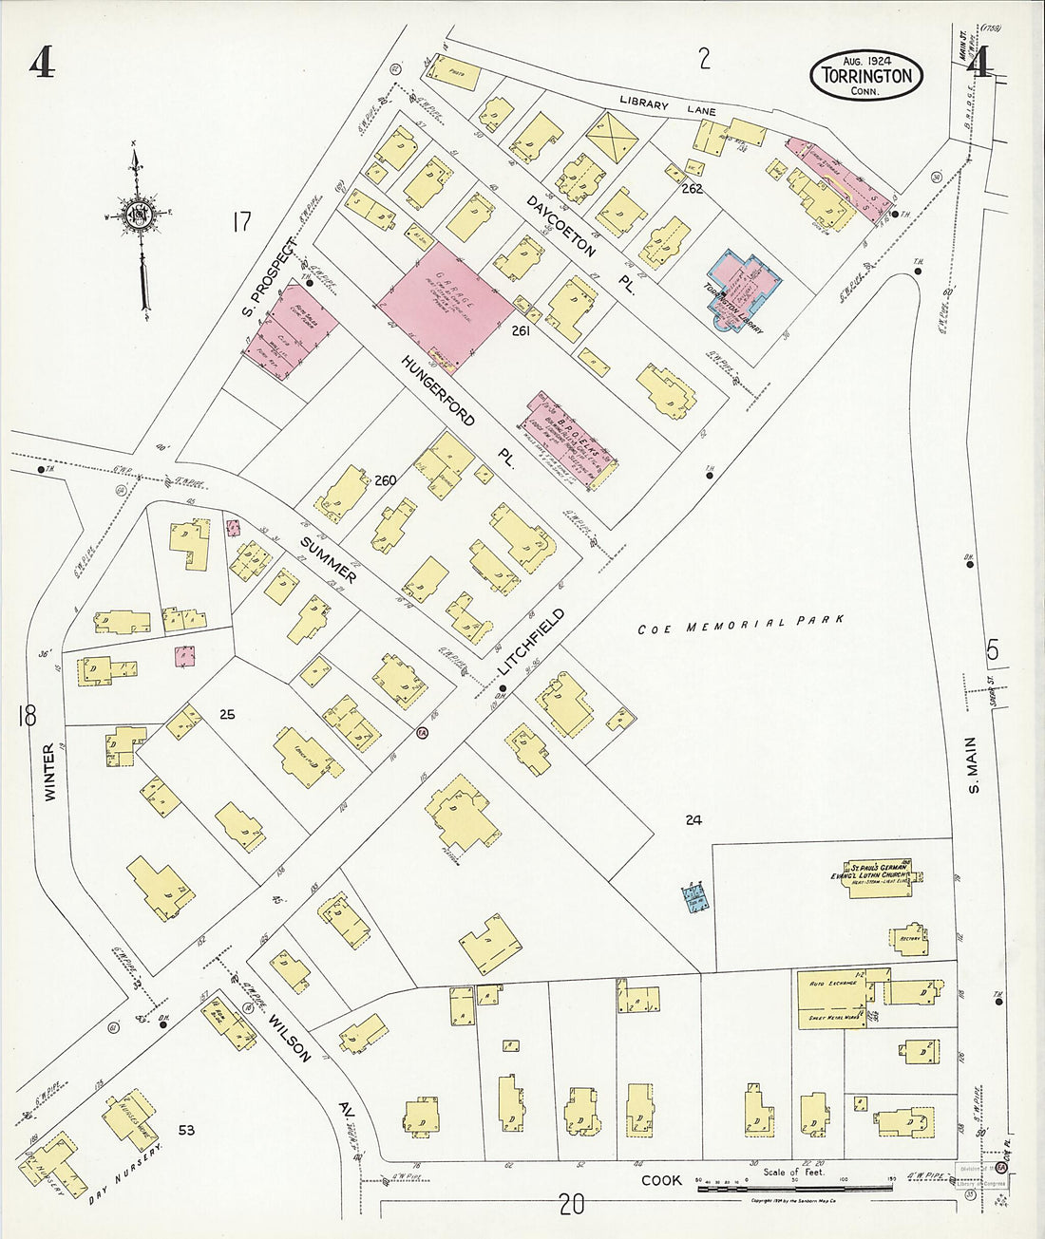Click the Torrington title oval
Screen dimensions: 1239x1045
click(x=866, y=76)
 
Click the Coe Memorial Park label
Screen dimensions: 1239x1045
click(x=740, y=625)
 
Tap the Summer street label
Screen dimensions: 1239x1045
click(x=328, y=560)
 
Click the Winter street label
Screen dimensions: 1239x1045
click(x=49, y=771)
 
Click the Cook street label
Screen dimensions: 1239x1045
click(x=661, y=1180)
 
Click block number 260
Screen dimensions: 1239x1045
click(x=385, y=480)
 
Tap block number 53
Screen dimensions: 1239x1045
click(x=185, y=1130)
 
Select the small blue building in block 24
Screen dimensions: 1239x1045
click(x=696, y=897)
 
